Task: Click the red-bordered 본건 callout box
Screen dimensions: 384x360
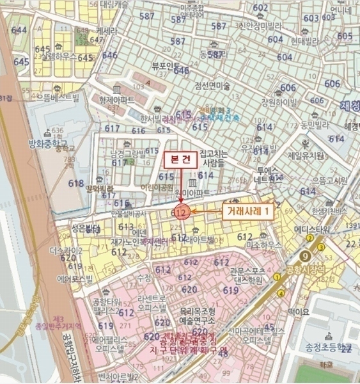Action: click(x=177, y=159)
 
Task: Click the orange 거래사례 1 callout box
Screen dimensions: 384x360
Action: click(x=247, y=210)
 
